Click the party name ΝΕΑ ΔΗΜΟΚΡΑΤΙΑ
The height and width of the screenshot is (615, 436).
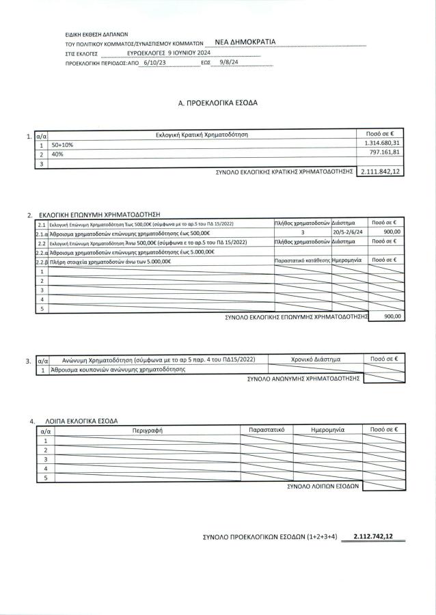(x=245, y=42)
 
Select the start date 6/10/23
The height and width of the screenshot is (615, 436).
(x=151, y=61)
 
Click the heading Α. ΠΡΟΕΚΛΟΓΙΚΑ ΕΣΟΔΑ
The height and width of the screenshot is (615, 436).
(x=217, y=102)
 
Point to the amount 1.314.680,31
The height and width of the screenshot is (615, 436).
(x=380, y=144)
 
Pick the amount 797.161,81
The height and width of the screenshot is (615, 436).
(x=383, y=154)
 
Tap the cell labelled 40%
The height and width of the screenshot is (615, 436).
(x=58, y=154)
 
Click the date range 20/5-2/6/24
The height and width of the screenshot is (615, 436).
(x=349, y=232)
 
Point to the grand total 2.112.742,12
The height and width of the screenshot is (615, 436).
(x=374, y=537)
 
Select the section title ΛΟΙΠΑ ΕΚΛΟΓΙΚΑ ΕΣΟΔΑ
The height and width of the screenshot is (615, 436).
(x=81, y=420)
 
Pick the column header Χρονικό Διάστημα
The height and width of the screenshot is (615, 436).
(x=315, y=359)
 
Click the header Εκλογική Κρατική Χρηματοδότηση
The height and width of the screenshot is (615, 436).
(x=202, y=135)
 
